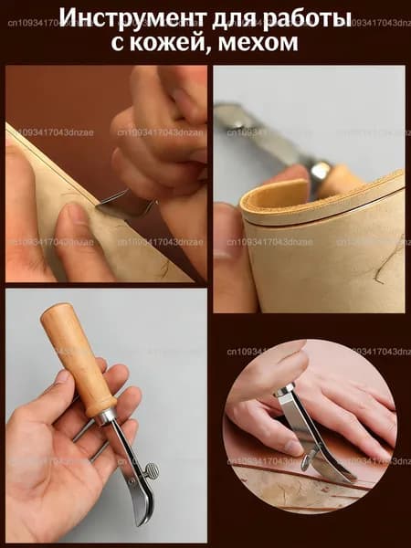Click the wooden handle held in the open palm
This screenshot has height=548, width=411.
(x=78, y=359)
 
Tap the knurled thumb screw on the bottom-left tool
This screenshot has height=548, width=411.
(x=152, y=470)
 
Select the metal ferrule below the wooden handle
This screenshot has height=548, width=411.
(x=104, y=416)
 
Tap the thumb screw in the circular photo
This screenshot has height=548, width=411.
(x=308, y=458)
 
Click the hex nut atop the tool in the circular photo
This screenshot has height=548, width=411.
(x=284, y=389)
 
